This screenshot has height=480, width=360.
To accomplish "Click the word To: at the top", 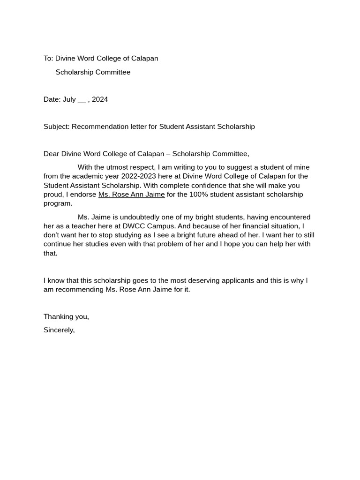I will coord(48,59).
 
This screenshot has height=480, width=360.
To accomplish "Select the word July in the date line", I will coord(69,99).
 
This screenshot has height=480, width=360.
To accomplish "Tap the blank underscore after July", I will coord(82,100).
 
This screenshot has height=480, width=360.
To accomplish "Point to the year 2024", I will coord(100,99).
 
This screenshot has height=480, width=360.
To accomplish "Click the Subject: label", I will coord(57,127).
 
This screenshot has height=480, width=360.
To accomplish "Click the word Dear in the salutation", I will coord(52,154).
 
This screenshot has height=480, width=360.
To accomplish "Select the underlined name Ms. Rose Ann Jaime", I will coord(131,195).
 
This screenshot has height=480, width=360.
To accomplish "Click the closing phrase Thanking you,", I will coord(66,316).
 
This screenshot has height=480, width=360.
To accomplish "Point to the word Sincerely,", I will coord(59,330).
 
